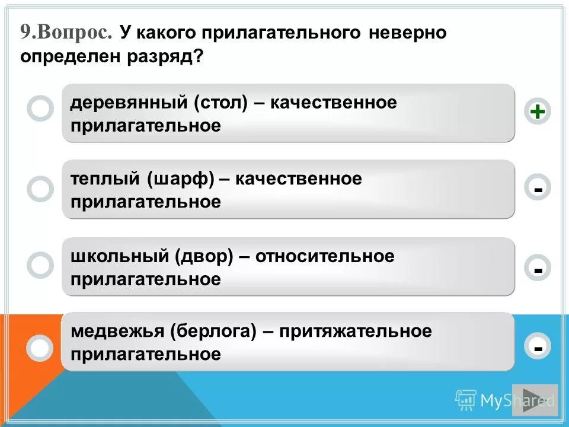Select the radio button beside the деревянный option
[40, 109]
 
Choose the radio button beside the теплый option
[40, 189]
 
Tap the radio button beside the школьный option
[40, 266]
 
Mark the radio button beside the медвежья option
[40, 348]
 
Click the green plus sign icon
[537, 111]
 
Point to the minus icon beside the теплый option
[537, 189]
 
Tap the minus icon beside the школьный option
[537, 268]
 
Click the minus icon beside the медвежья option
[537, 347]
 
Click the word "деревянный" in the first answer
[129, 103]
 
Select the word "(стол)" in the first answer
[219, 103]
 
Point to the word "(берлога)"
[213, 332]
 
